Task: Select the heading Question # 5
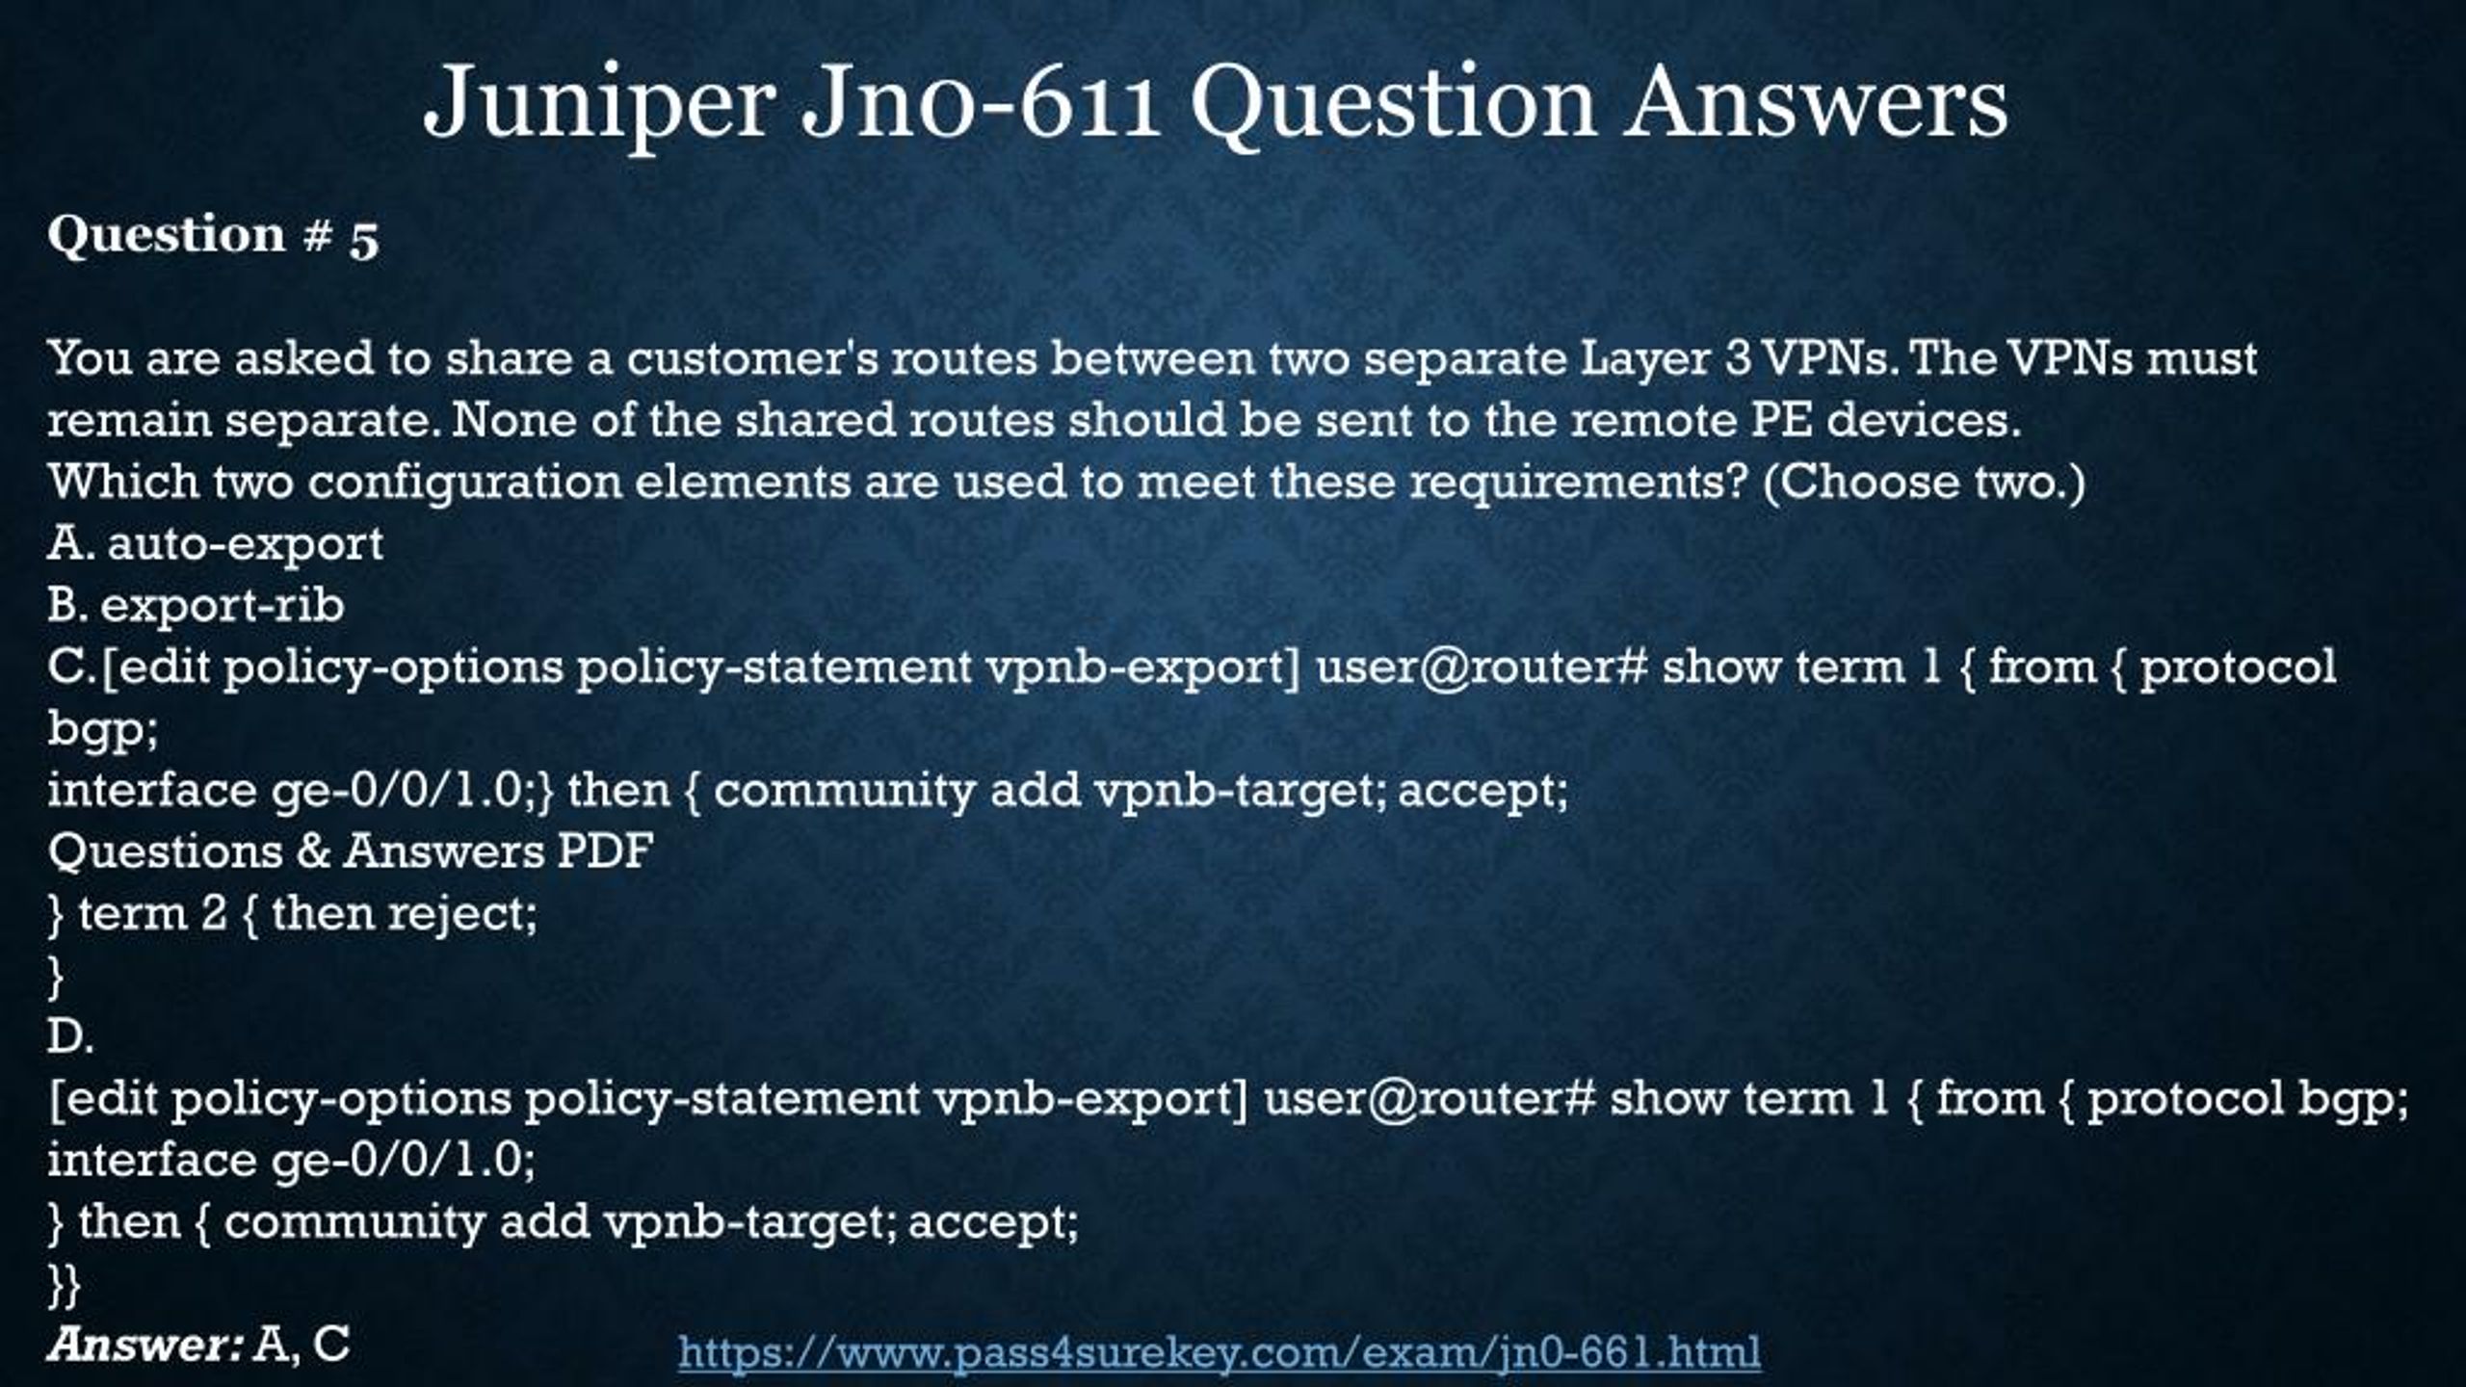click(213, 235)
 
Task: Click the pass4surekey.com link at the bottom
click(1220, 1351)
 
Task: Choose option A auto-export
click(215, 544)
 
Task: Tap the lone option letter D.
click(70, 1037)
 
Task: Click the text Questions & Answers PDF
click(351, 851)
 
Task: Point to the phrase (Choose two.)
click(1924, 482)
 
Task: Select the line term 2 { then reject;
click(293, 914)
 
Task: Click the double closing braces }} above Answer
click(65, 1285)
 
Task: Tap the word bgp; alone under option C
click(103, 729)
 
